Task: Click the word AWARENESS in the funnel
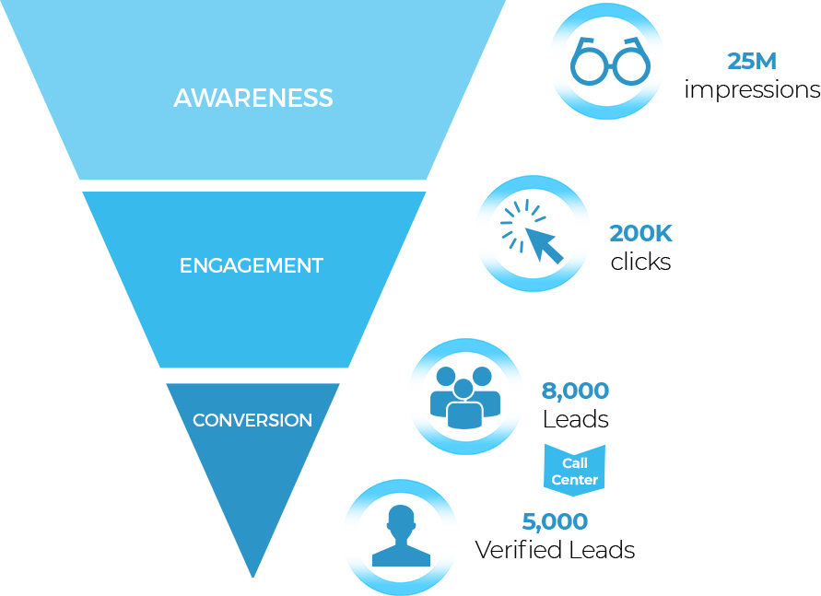point(253,98)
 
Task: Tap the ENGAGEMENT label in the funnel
point(252,266)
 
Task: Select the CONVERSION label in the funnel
point(252,420)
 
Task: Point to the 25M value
point(752,63)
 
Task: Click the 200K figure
point(640,234)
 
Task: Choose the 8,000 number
point(575,391)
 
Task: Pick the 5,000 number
point(555,522)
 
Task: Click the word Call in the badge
point(575,463)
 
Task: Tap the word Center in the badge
point(575,480)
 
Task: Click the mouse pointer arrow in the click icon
point(544,244)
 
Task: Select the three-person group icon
point(464,396)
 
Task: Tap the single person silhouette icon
point(401,536)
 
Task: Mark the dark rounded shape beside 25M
point(609,63)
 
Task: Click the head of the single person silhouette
point(401,520)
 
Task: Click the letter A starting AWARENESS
point(182,99)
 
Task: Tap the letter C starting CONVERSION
point(198,421)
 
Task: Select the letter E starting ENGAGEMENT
point(185,266)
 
